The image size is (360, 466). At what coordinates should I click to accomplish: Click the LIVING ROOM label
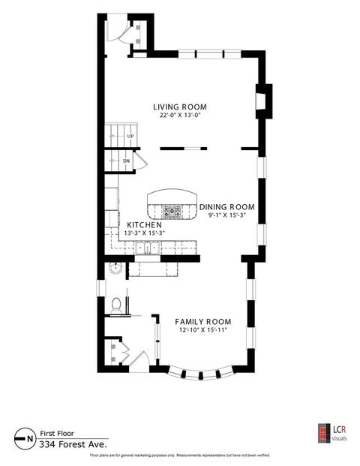tap(180, 107)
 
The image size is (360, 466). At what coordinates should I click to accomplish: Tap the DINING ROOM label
tap(227, 207)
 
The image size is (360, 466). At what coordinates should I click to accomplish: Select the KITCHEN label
tap(144, 225)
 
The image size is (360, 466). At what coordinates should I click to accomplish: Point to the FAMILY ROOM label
tap(203, 322)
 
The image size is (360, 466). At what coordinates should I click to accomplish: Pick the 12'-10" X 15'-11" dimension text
tap(203, 330)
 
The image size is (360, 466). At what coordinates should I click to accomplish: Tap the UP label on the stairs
tap(130, 136)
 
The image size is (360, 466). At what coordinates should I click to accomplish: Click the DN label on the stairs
tap(127, 161)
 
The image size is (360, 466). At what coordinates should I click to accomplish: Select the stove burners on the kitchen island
tap(172, 212)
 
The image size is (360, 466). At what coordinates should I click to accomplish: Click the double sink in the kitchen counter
tap(147, 248)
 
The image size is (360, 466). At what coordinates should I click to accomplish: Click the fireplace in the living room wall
tap(264, 101)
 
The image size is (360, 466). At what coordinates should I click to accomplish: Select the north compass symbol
tap(24, 438)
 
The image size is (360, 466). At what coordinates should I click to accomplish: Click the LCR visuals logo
tap(332, 433)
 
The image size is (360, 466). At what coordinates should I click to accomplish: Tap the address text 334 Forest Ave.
tap(73, 444)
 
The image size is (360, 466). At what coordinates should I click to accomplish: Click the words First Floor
tap(57, 434)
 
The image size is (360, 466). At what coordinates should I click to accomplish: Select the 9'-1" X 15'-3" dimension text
tap(227, 215)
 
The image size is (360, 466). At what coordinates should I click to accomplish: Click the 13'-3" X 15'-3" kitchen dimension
tap(144, 233)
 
